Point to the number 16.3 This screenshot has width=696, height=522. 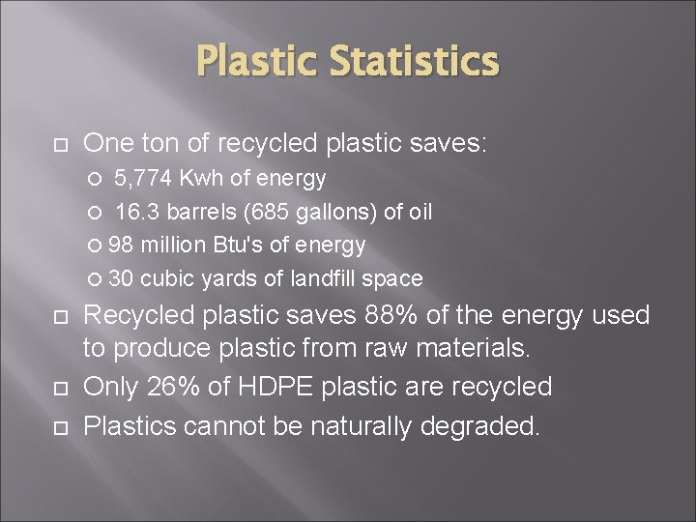[x=137, y=212]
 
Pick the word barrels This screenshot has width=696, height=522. [x=203, y=212]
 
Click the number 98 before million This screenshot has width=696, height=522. [x=122, y=245]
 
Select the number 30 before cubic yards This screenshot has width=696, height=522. [x=122, y=278]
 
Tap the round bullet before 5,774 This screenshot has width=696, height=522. [x=95, y=179]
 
